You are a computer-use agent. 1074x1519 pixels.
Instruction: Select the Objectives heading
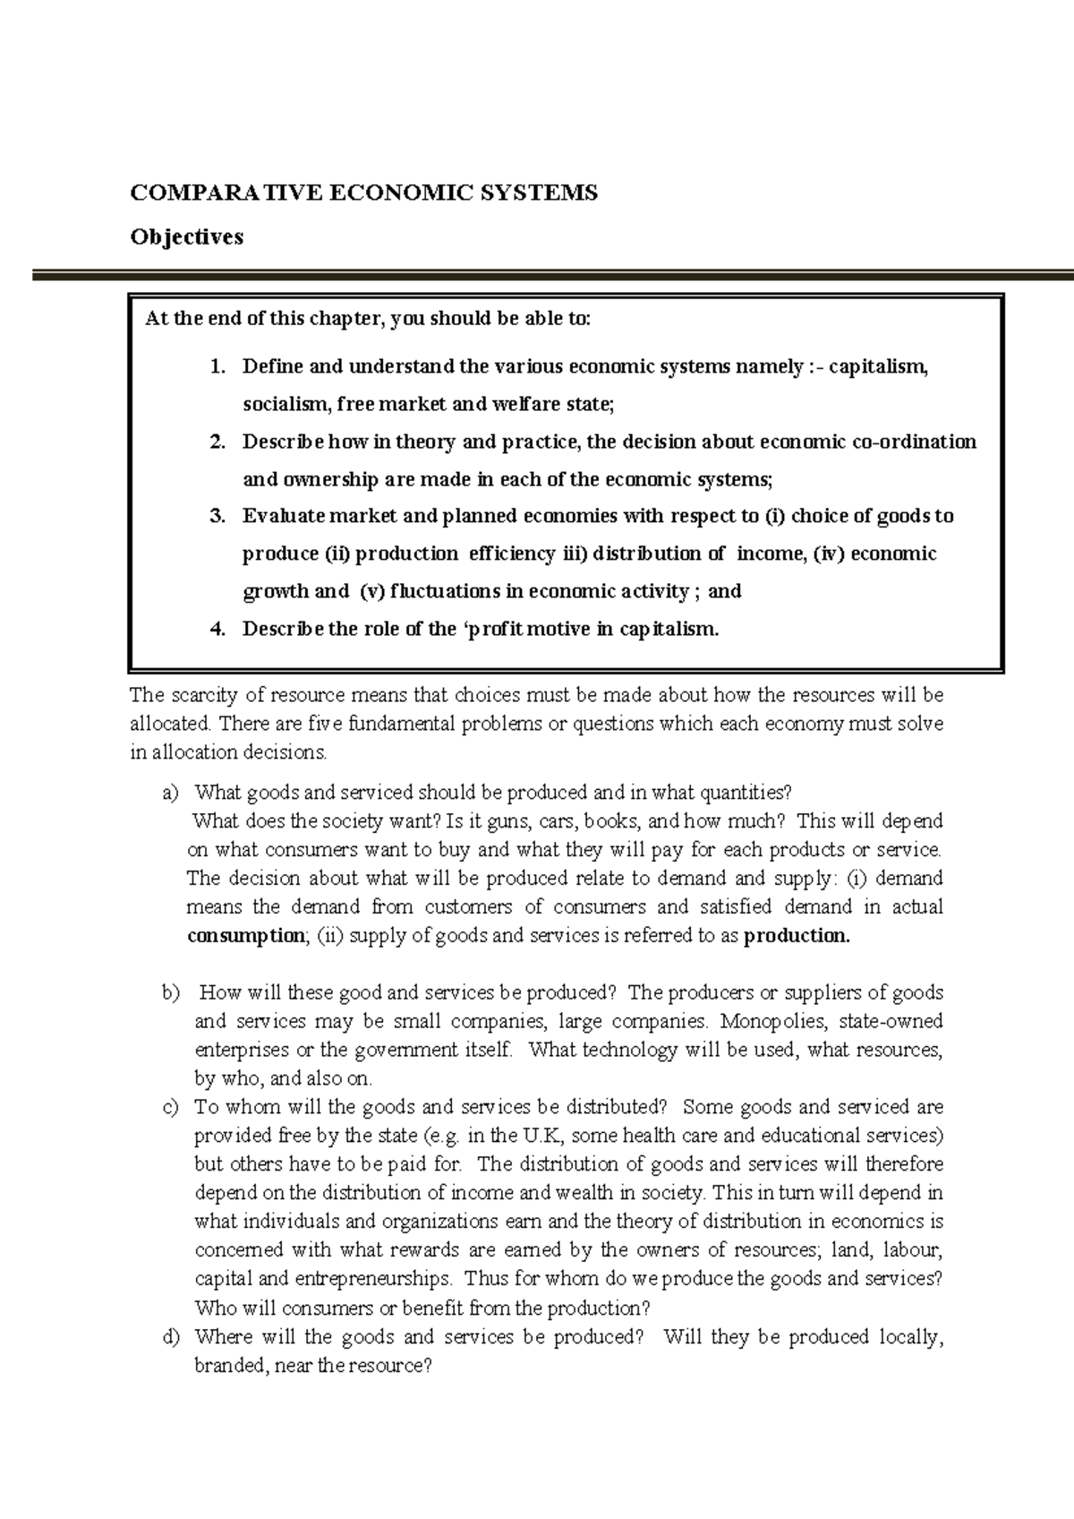(x=186, y=237)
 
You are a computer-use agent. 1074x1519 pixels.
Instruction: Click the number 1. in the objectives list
(x=217, y=367)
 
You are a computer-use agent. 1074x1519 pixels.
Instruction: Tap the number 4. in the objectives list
(x=217, y=629)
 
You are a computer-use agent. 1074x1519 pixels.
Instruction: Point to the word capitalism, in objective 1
(x=879, y=367)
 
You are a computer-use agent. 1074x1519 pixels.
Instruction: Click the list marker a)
(x=171, y=793)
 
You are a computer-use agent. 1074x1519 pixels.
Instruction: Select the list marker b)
(x=171, y=992)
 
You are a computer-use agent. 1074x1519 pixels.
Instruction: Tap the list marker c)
(x=171, y=1107)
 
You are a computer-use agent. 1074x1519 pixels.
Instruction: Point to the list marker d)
(x=171, y=1337)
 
